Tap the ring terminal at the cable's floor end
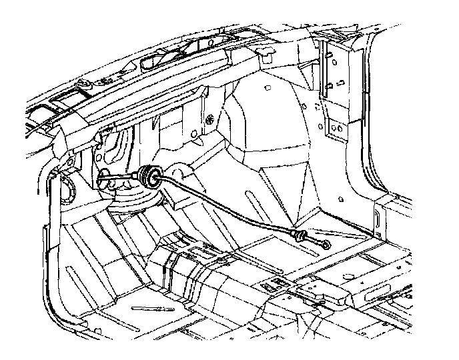tap(326, 244)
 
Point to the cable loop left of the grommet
tap(105, 179)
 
